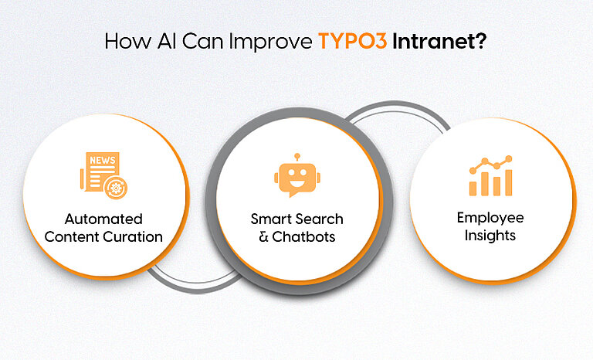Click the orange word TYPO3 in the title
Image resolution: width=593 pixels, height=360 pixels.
pyautogui.click(x=352, y=41)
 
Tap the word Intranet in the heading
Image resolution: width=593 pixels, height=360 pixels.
pyautogui.click(x=439, y=41)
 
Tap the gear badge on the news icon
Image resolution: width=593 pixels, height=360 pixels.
pyautogui.click(x=117, y=187)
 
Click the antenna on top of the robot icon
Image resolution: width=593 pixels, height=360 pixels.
pyautogui.click(x=296, y=157)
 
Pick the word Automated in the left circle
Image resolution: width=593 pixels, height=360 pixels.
pyautogui.click(x=103, y=219)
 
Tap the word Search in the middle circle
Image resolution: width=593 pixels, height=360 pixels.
pyautogui.click(x=317, y=219)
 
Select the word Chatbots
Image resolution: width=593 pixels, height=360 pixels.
pyautogui.click(x=304, y=236)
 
